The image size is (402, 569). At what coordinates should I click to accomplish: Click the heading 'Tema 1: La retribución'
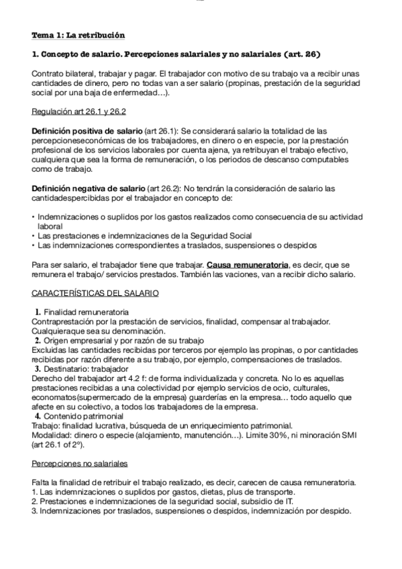78,35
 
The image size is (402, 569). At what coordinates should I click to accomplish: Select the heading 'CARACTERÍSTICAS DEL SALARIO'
95,293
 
